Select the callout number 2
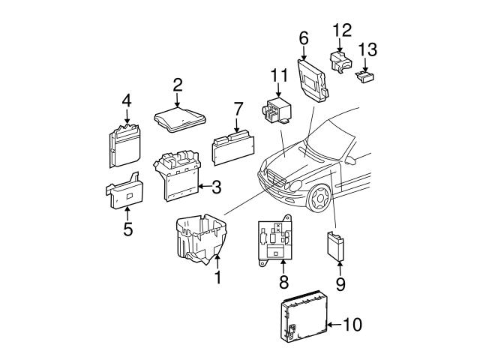[177, 85]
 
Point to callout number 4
[127, 101]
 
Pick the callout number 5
[127, 229]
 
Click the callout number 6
[304, 37]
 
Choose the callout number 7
[237, 109]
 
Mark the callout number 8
[283, 282]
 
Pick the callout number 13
[367, 51]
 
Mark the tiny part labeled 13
[366, 75]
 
